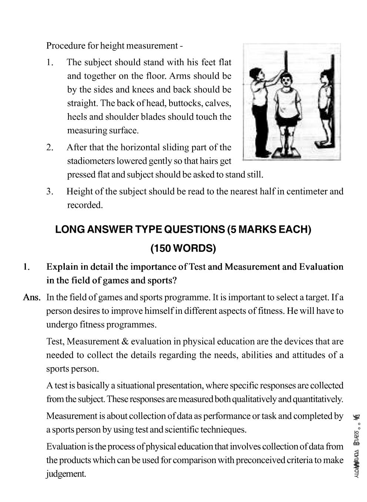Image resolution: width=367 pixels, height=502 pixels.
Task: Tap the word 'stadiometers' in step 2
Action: click(90, 161)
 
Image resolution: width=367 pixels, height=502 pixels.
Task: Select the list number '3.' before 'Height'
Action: click(50, 192)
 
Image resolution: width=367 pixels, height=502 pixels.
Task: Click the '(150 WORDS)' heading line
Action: click(183, 248)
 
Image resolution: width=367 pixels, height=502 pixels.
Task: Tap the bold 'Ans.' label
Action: click(32, 297)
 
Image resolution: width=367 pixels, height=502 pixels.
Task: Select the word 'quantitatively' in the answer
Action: click(317, 399)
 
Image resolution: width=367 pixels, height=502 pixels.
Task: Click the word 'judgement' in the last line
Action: click(66, 474)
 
